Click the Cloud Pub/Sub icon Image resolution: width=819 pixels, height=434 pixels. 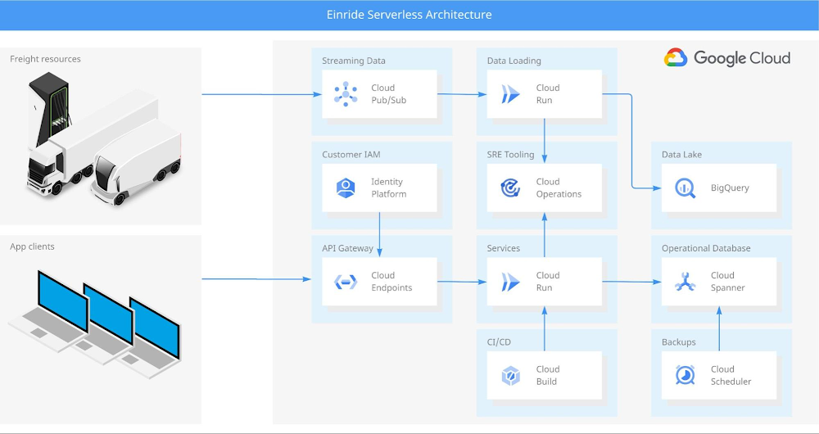(x=346, y=94)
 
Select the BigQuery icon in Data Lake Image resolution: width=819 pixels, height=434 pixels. (x=685, y=188)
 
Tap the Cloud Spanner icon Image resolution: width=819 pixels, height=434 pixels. (x=685, y=282)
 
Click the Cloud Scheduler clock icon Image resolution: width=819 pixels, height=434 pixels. (x=685, y=375)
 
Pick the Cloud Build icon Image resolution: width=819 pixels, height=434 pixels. (x=510, y=375)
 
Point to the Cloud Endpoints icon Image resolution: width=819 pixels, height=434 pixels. (x=346, y=282)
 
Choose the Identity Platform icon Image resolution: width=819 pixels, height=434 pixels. (x=346, y=188)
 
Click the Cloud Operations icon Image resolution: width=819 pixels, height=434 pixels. (x=510, y=188)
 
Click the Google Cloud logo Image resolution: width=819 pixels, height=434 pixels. (x=727, y=58)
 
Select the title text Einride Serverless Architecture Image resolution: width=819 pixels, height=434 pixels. (x=409, y=15)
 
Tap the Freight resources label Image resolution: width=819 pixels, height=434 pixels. (x=45, y=59)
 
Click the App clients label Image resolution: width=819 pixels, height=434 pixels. (x=32, y=246)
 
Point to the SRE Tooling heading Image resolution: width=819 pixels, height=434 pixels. (x=510, y=154)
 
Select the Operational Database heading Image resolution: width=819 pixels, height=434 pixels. (x=706, y=248)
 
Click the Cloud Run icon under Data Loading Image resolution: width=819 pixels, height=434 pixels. (x=510, y=94)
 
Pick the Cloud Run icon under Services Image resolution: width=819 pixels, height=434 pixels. (x=510, y=282)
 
